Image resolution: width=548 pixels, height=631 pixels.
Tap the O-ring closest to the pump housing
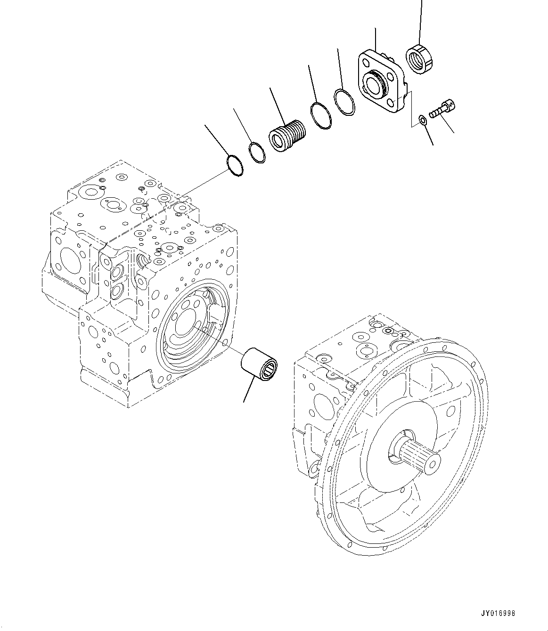point(234,166)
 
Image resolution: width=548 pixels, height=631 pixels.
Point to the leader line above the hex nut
point(420,19)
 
